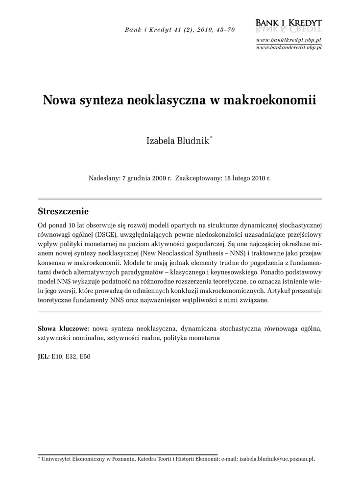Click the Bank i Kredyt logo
288,25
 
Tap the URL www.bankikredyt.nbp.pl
288,39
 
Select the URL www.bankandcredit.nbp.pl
288,47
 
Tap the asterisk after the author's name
211,139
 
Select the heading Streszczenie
63,212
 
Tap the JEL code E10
57,356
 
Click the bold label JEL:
44,356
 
